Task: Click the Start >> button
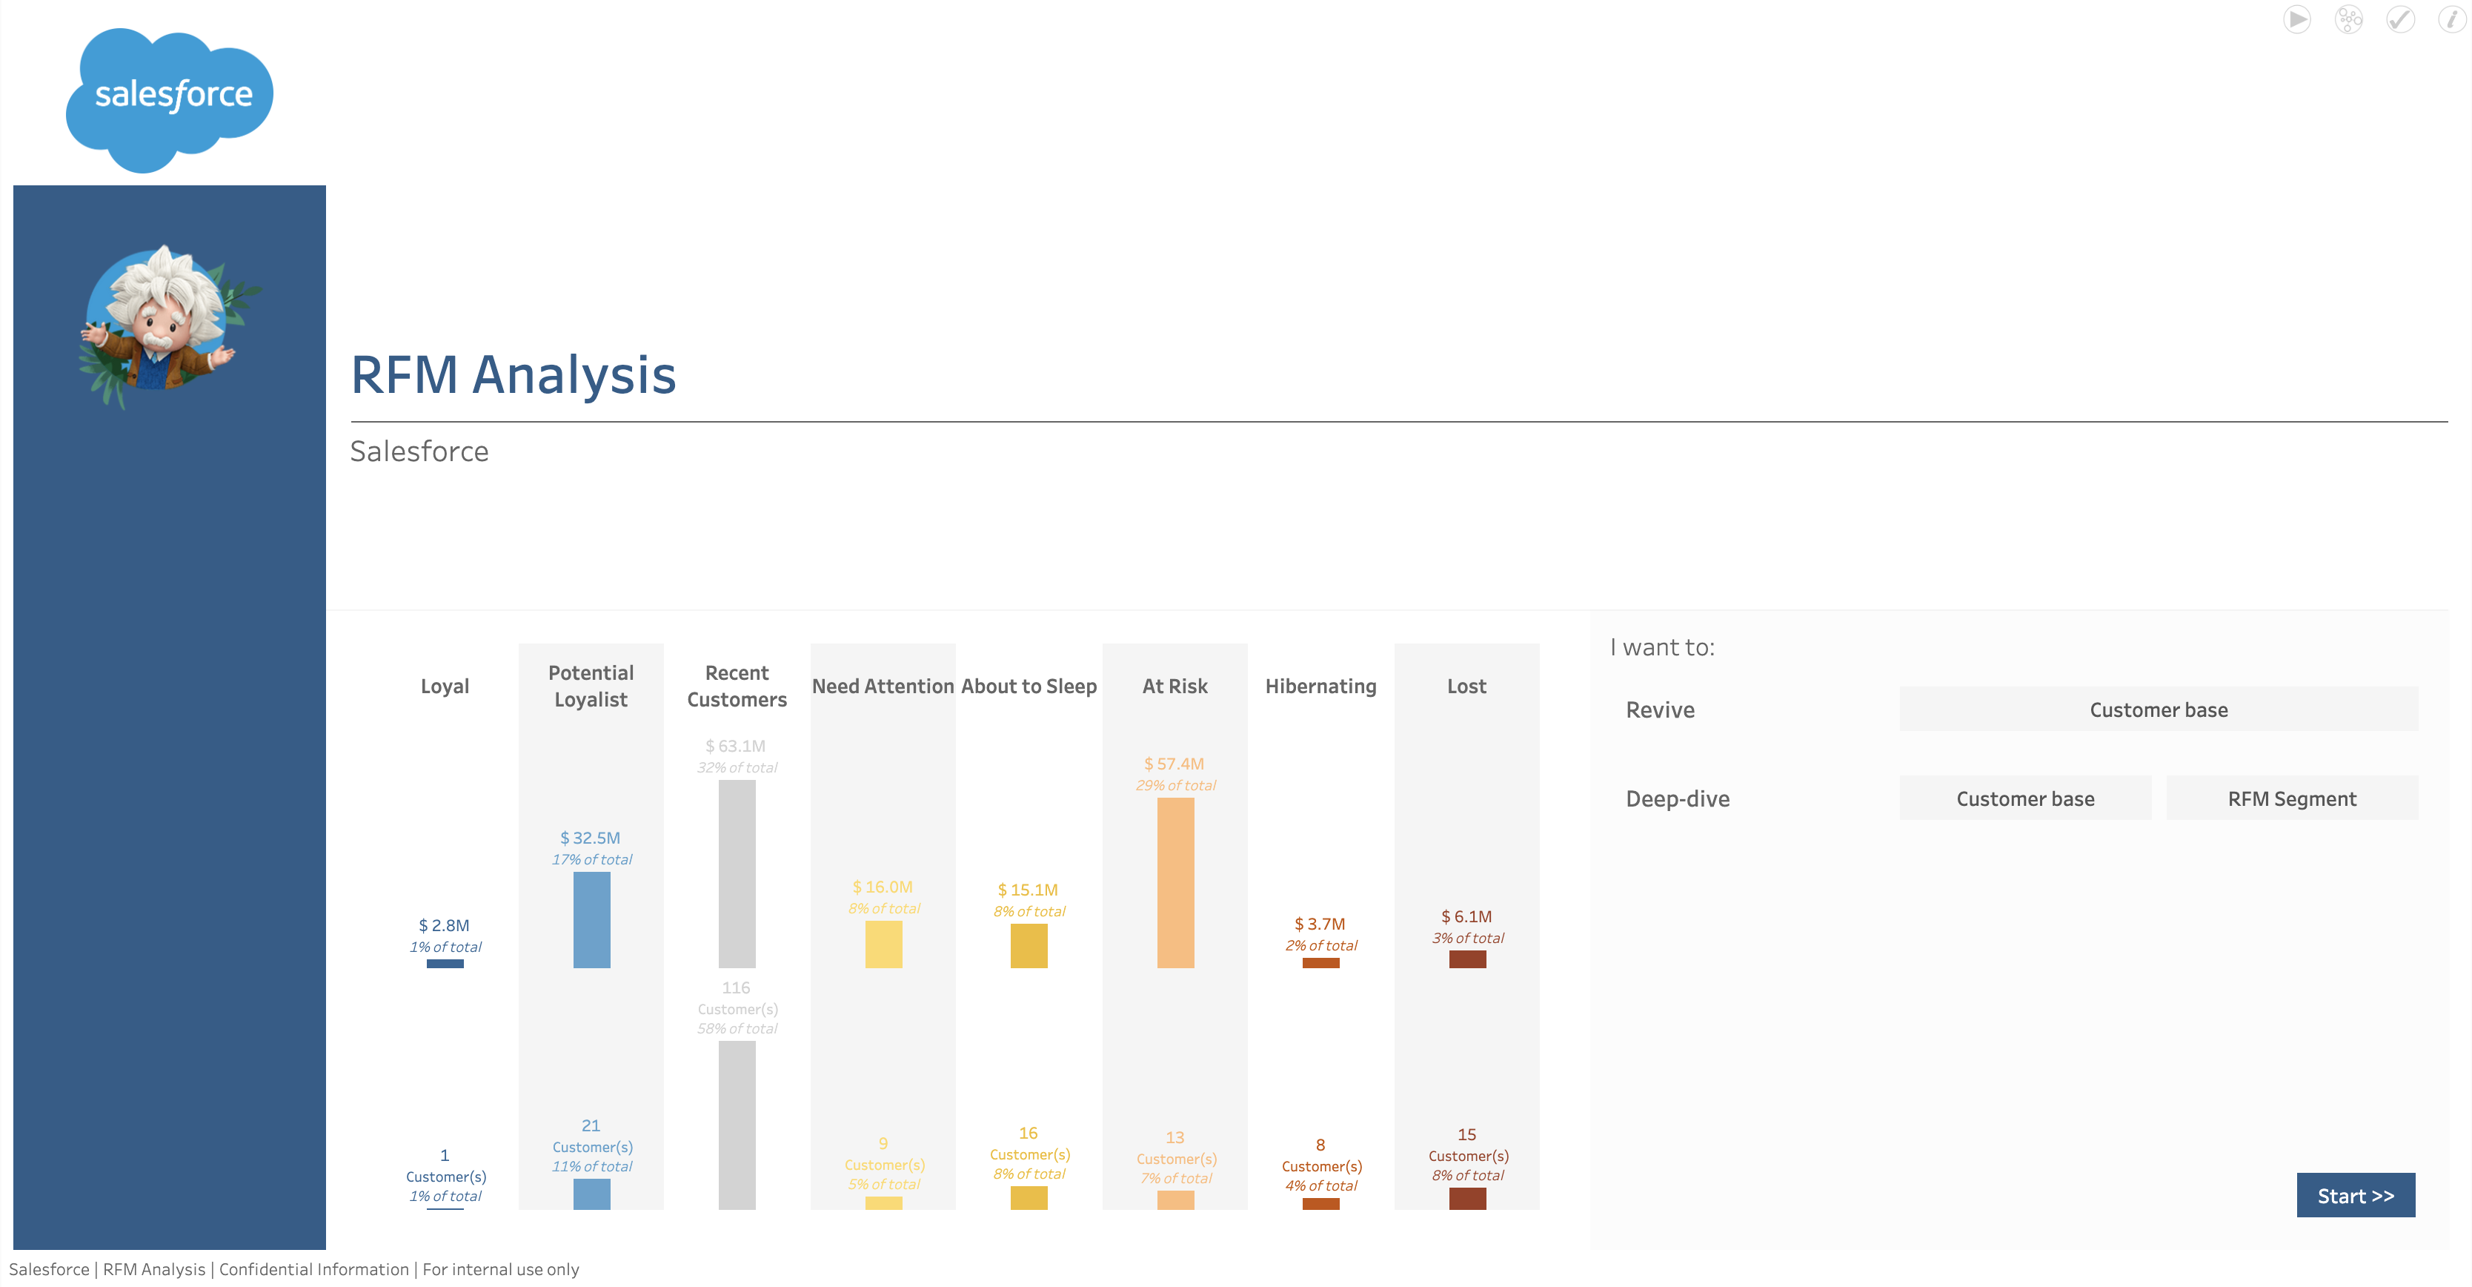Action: [2355, 1195]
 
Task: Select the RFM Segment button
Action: [2292, 798]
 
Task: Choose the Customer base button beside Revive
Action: [2159, 709]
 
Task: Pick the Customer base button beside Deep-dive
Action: [2025, 798]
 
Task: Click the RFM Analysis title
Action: [514, 374]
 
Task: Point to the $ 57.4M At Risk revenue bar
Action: [1175, 882]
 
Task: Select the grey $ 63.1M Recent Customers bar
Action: [737, 873]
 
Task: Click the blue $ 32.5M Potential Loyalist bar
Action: [591, 919]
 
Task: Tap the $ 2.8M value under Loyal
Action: [445, 925]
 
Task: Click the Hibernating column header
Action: [1320, 686]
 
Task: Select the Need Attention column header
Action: [883, 686]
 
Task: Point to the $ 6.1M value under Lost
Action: [1466, 916]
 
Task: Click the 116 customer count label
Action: [736, 987]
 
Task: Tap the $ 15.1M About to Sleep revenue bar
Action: [1029, 945]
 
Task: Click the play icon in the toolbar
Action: [2297, 19]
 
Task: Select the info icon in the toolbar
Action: [2452, 19]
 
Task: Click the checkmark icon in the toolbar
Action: [2400, 19]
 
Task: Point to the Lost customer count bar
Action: [1467, 1198]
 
